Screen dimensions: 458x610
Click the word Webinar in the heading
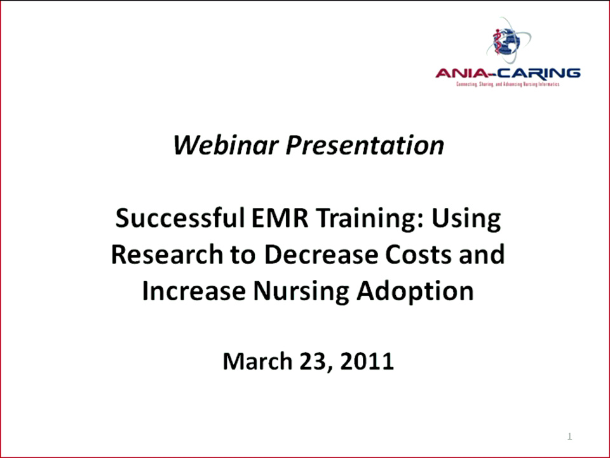tap(226, 146)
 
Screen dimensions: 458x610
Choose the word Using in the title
tap(466, 219)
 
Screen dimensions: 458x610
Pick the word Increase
tap(193, 291)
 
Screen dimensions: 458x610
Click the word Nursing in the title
tap(301, 291)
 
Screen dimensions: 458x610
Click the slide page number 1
tap(569, 436)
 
